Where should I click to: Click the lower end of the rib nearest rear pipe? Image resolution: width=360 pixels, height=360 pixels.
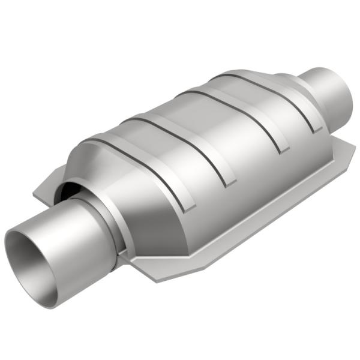point(311,128)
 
